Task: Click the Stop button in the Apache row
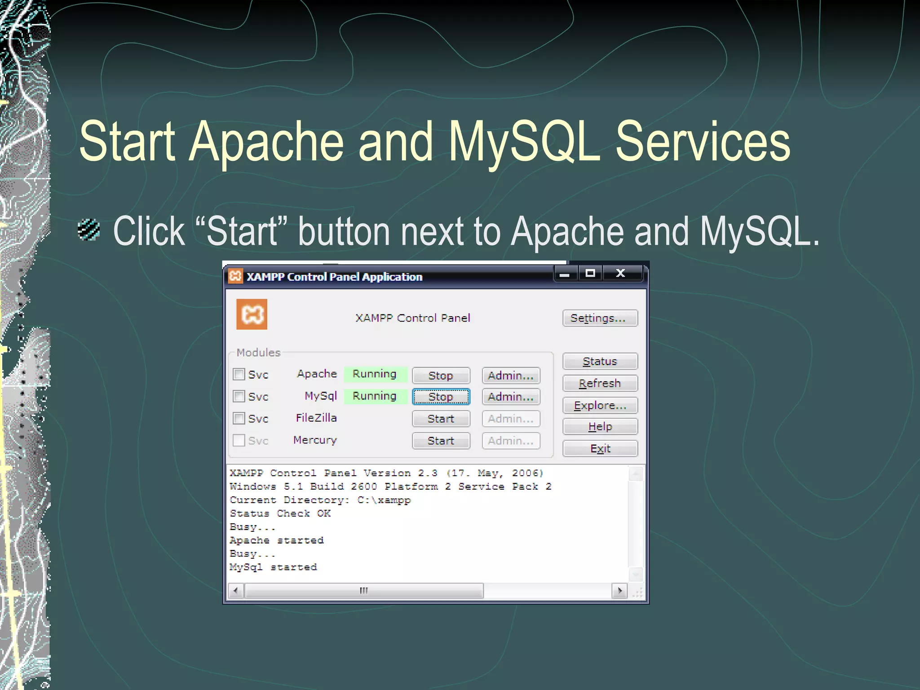coord(441,376)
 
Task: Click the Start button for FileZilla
coord(441,419)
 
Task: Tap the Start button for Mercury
coord(441,441)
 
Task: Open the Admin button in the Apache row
coord(511,376)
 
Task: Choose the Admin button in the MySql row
coord(511,397)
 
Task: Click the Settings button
coord(600,318)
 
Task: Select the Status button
coord(600,361)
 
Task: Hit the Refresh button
coord(600,383)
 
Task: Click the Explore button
coord(600,405)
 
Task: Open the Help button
coord(600,426)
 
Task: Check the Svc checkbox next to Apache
coord(239,374)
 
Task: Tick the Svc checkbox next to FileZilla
coord(239,418)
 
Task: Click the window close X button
coord(620,273)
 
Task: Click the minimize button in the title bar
coord(565,273)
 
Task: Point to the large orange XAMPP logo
coord(252,314)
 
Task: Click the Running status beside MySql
coord(375,396)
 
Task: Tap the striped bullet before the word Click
coord(88,230)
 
